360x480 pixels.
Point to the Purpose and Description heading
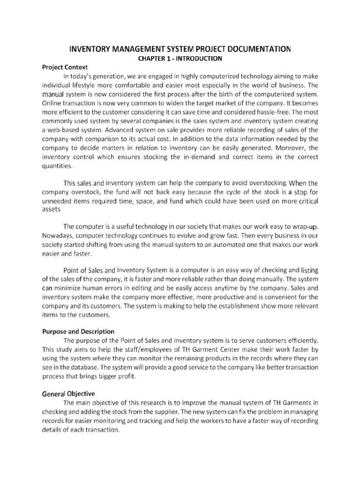click(75, 331)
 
